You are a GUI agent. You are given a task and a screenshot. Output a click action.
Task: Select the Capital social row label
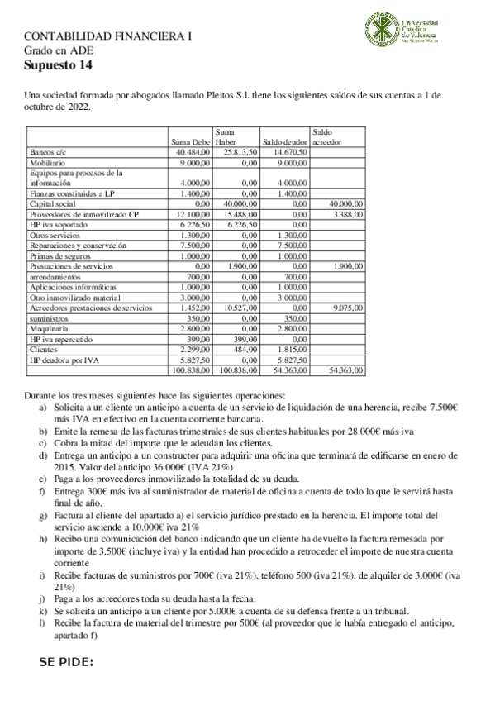coord(53,203)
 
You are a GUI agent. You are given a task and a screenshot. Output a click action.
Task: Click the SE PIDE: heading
coord(66,663)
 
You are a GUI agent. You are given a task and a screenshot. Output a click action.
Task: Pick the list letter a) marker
coord(44,408)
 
